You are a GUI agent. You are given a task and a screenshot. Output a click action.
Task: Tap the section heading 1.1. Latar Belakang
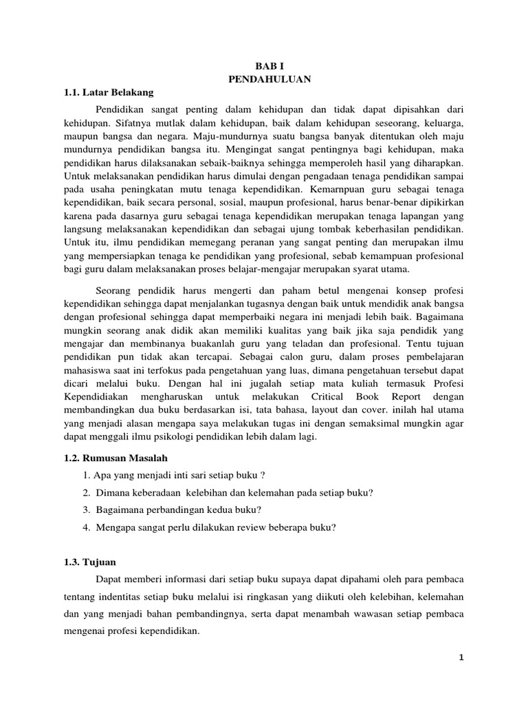(108, 92)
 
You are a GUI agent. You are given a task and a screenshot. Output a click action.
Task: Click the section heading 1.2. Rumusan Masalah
(115, 458)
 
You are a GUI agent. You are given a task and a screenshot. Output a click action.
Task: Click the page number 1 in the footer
(463, 658)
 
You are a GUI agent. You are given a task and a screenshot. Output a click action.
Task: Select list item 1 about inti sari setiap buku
(173, 476)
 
